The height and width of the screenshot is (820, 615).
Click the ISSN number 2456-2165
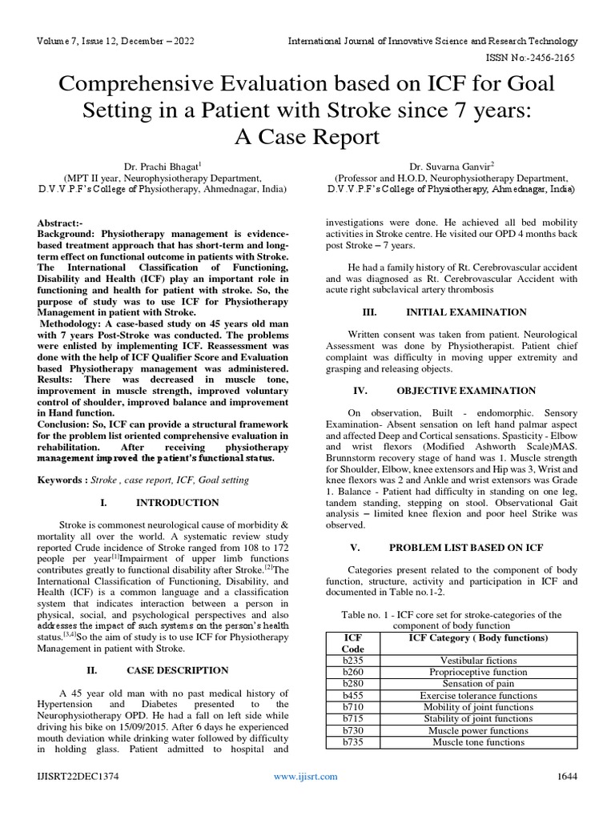551,58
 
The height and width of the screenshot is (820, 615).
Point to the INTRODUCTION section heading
177,503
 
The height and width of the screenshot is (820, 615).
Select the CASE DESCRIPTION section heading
177,670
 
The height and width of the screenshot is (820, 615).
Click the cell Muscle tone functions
478,742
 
